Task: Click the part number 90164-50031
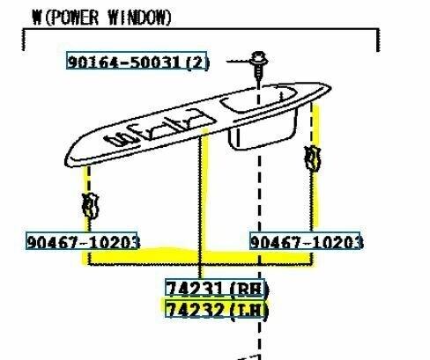124,62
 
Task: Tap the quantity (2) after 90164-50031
198,62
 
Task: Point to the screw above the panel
258,66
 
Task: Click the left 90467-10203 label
83,242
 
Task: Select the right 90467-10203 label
307,242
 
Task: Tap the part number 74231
195,289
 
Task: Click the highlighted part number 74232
195,310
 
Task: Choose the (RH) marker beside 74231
249,290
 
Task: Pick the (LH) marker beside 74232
249,311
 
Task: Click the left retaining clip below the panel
90,206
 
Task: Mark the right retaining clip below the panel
312,158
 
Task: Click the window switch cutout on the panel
159,128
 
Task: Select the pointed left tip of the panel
67,162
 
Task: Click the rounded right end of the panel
329,87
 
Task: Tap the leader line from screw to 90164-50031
239,62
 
